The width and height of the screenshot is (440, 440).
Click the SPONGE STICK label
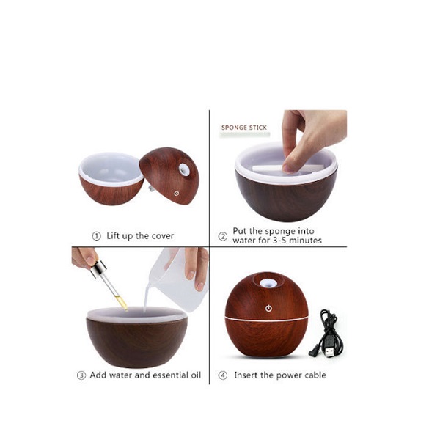tap(244, 128)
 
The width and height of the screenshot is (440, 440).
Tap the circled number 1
tap(96, 236)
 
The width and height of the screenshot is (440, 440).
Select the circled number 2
tap(222, 236)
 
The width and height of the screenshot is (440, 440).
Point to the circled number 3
tap(81, 375)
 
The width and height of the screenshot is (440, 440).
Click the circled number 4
tap(222, 375)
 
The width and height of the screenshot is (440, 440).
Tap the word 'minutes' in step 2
tap(305, 241)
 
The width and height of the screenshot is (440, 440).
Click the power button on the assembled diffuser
tap(268, 309)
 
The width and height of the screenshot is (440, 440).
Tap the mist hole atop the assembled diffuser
tap(268, 283)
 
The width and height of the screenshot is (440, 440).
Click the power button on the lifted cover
tap(176, 194)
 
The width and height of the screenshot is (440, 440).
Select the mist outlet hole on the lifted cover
tap(184, 169)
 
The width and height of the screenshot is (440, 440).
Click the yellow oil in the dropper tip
tap(122, 303)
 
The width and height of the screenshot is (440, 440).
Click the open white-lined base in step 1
tap(111, 178)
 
